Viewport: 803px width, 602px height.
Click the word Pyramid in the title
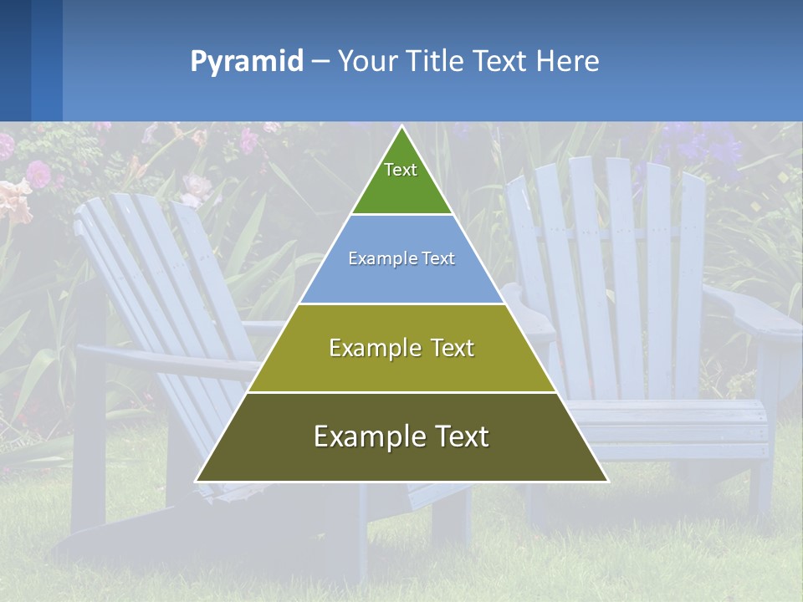tap(247, 62)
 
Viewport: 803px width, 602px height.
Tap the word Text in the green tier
tap(401, 170)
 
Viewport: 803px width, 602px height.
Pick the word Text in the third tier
tap(446, 348)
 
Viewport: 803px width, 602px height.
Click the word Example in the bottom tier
tap(361, 436)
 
